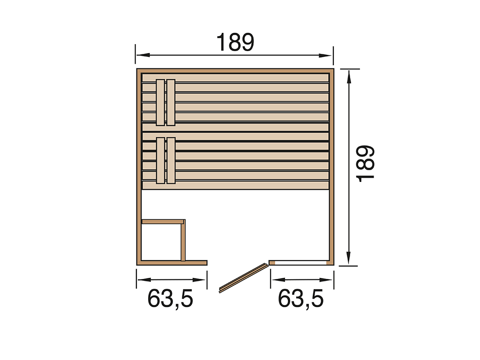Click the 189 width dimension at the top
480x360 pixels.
tap(235, 42)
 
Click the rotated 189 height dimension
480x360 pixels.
tap(366, 164)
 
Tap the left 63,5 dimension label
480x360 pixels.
tap(170, 299)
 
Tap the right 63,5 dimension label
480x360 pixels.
tap(300, 299)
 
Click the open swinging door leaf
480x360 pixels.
tap(244, 278)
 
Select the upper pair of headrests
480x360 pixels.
tap(165, 102)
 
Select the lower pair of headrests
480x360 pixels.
tap(165, 160)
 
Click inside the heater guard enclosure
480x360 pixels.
tap(161, 242)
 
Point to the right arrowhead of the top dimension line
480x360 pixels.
tap(325, 55)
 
